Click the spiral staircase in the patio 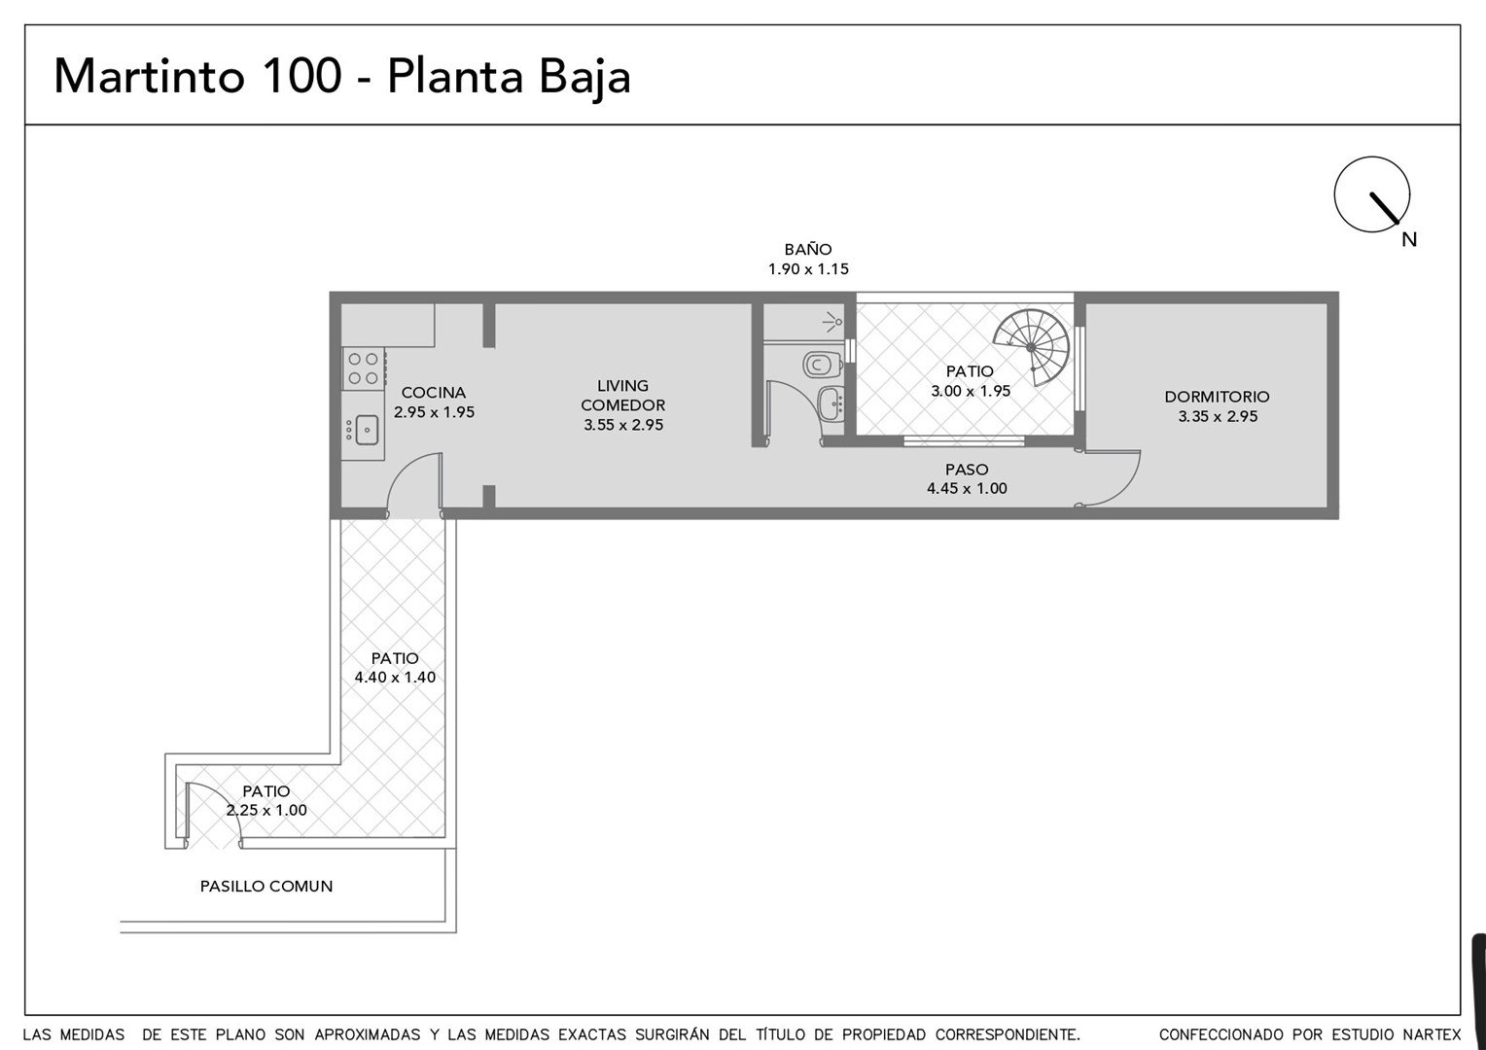[1032, 347]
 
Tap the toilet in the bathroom [823, 365]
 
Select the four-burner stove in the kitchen [364, 368]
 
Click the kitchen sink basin [367, 430]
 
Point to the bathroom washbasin [831, 402]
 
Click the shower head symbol [832, 323]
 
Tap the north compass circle [1372, 194]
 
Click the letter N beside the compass [1409, 239]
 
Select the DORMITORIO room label [1218, 397]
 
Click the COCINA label [434, 393]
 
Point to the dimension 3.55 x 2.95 [623, 425]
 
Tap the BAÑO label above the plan [808, 250]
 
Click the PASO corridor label [968, 470]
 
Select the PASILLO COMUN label [266, 886]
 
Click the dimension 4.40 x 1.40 [396, 678]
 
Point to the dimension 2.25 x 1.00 [266, 810]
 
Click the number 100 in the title [302, 76]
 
